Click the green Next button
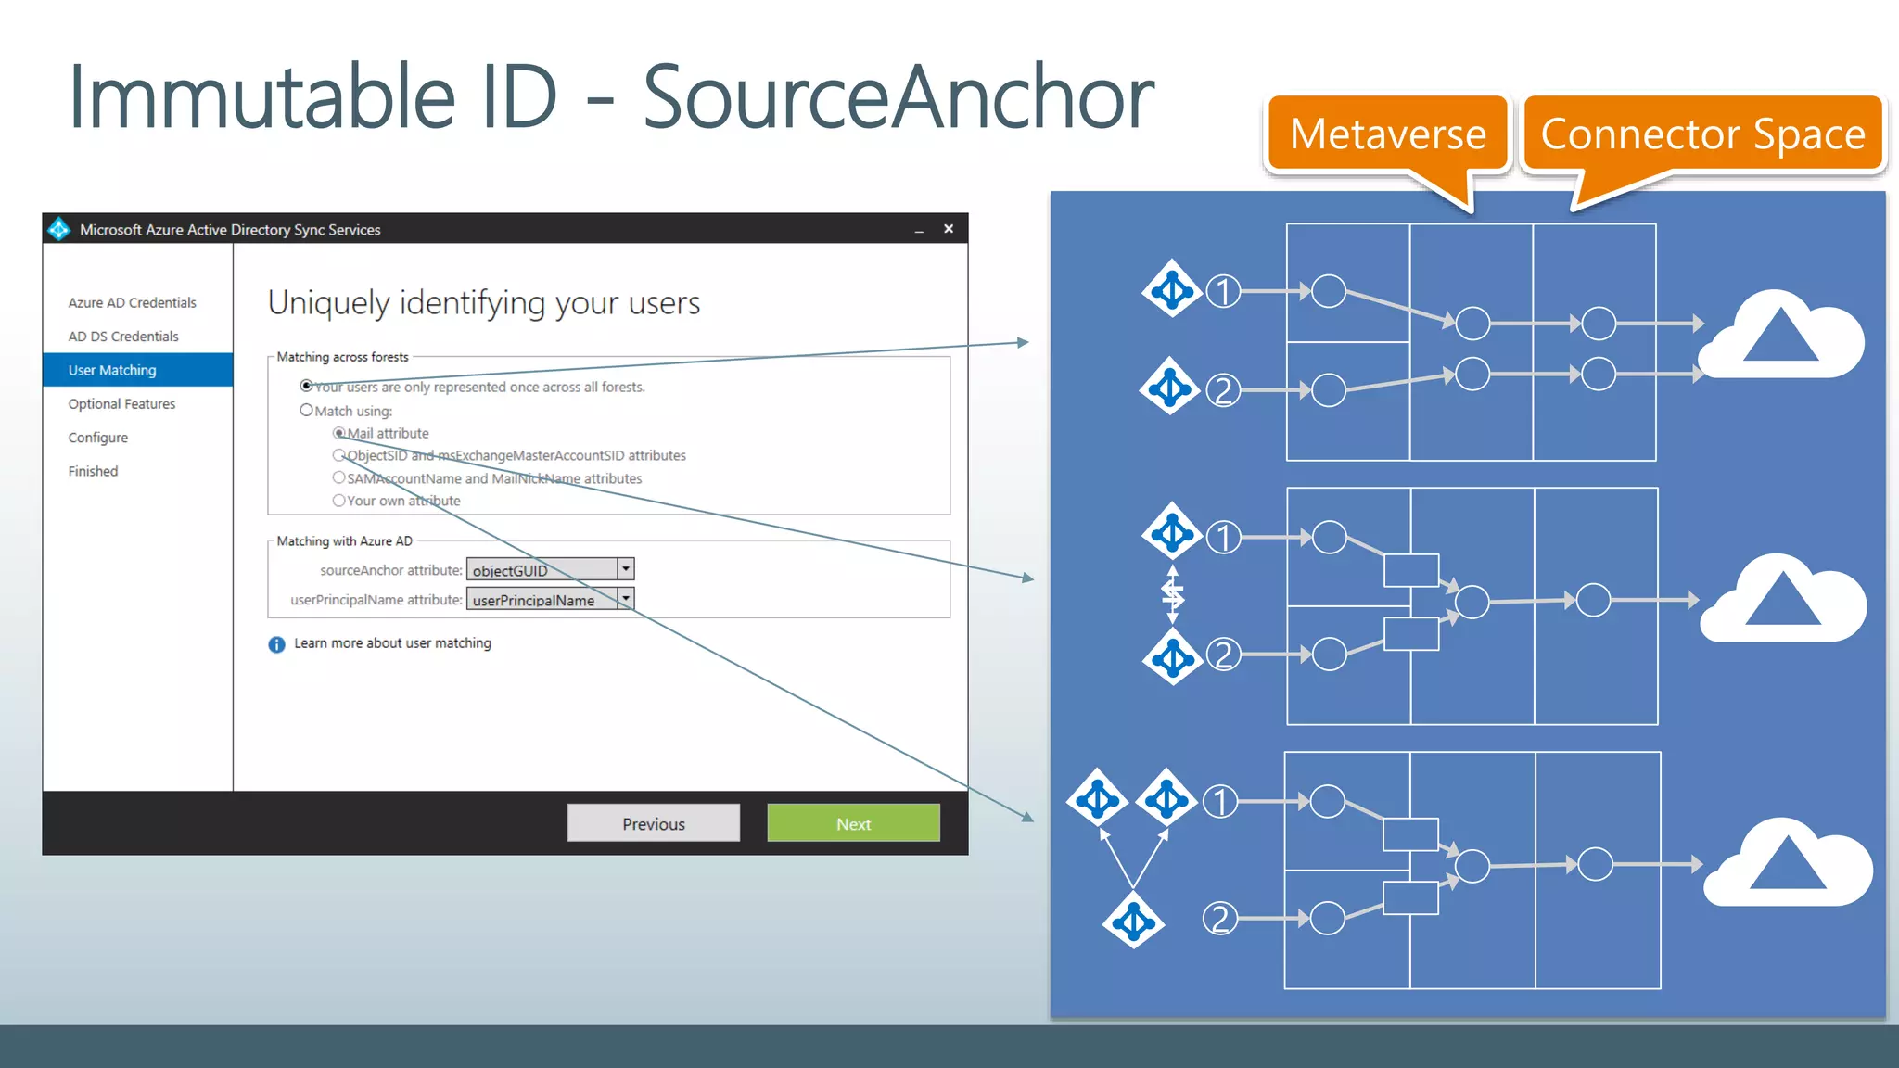tap(853, 823)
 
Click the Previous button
tap(653, 823)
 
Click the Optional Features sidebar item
tap(121, 403)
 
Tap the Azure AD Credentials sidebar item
tap(132, 302)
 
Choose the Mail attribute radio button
tap(339, 433)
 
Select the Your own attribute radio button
tap(339, 501)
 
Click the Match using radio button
tap(306, 410)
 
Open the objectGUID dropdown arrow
tap(626, 569)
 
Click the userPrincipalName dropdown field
tap(542, 600)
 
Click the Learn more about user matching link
tap(392, 642)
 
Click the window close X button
tap(949, 229)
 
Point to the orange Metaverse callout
tap(1387, 134)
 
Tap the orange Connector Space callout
tap(1702, 134)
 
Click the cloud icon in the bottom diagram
tap(1787, 864)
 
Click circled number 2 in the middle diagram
tap(1224, 655)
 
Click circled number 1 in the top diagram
tap(1224, 291)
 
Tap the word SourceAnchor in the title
tap(898, 96)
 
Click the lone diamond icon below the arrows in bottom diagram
tap(1133, 921)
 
